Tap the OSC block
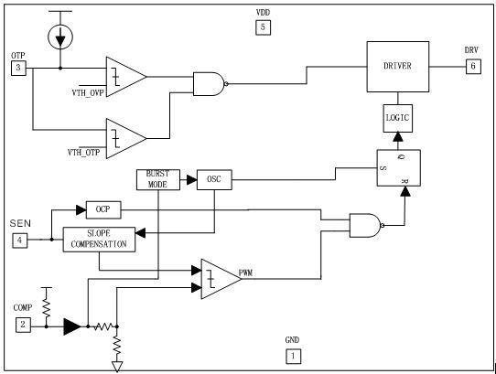click(x=214, y=180)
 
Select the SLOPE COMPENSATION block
click(x=101, y=240)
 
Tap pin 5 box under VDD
click(x=263, y=27)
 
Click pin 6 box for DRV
click(x=472, y=66)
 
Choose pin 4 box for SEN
click(x=19, y=240)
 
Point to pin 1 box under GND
click(x=292, y=355)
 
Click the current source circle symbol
click(x=60, y=36)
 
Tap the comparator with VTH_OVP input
click(x=124, y=78)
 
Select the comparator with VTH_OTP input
click(x=124, y=135)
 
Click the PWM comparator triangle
click(x=220, y=277)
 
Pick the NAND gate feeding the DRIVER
click(x=209, y=84)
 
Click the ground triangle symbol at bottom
click(x=117, y=366)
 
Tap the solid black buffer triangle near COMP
click(x=70, y=325)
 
